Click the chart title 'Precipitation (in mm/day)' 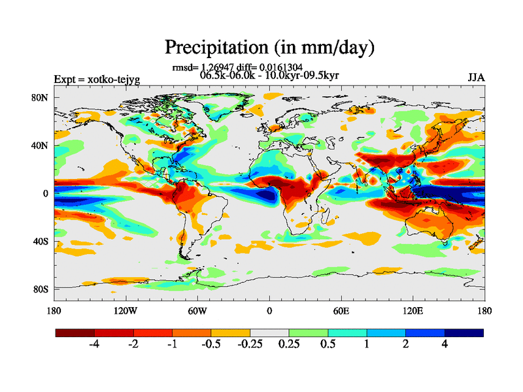point(269,47)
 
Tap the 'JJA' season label point(476,78)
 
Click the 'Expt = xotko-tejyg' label point(96,80)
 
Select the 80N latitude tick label point(41,98)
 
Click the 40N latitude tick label point(41,146)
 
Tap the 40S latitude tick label point(41,241)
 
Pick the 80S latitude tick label point(41,289)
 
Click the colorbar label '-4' point(95,345)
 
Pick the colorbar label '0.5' point(328,345)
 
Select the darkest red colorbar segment point(75,333)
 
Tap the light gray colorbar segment point(269,333)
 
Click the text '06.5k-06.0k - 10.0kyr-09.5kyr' point(269,75)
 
